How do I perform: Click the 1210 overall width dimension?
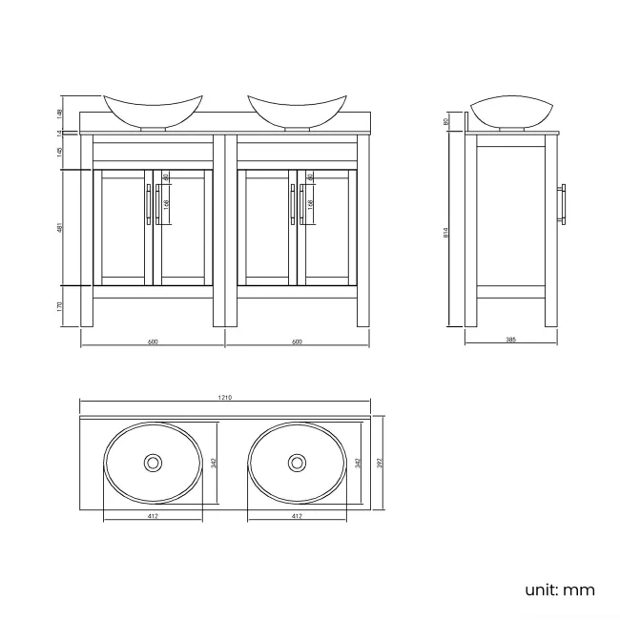(x=226, y=399)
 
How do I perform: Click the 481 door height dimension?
(x=60, y=228)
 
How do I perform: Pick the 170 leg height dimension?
(x=60, y=305)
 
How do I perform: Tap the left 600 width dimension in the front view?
(x=153, y=341)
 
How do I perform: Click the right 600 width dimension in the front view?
(x=297, y=341)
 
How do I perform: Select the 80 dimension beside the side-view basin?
(x=447, y=121)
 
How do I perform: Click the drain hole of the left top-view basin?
(x=152, y=464)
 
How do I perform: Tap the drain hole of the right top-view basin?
(x=297, y=464)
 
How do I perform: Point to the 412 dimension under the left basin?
(x=152, y=516)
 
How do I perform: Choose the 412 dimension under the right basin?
(x=297, y=516)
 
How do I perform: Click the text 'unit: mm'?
(x=560, y=589)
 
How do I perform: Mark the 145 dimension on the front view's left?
(x=60, y=152)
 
